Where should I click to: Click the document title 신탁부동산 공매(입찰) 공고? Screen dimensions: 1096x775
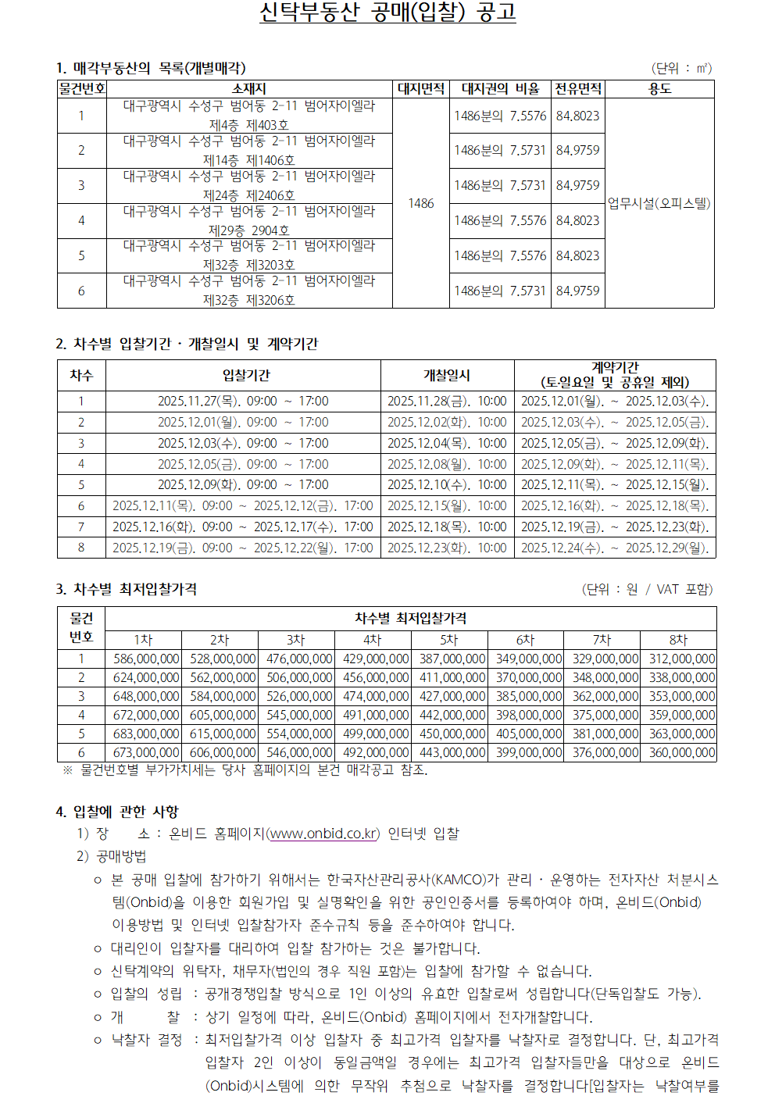point(387,13)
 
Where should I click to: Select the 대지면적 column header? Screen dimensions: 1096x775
point(420,89)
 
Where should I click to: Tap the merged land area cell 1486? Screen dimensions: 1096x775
point(420,203)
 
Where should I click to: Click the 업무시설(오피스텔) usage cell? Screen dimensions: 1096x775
point(659,203)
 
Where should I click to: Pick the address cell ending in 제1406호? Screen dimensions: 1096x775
point(248,151)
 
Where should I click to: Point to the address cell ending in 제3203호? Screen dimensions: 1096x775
point(248,255)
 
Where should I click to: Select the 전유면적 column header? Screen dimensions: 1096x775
point(578,89)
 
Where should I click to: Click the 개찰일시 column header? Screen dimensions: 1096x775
point(447,375)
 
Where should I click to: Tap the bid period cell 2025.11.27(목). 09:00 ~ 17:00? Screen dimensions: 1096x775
point(243,402)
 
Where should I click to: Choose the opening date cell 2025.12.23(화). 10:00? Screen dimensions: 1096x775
point(447,548)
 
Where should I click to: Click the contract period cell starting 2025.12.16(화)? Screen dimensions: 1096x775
point(615,506)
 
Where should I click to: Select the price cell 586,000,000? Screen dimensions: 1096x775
point(146,659)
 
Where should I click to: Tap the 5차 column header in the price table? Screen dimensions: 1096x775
point(448,640)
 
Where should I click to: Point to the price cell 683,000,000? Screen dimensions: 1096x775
point(146,734)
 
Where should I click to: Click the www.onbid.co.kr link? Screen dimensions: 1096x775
point(323,834)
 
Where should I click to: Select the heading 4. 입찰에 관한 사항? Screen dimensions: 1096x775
point(117,812)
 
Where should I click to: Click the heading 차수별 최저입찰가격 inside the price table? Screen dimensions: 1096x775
point(410,618)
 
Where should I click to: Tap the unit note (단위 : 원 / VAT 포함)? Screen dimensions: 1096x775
point(647,589)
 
